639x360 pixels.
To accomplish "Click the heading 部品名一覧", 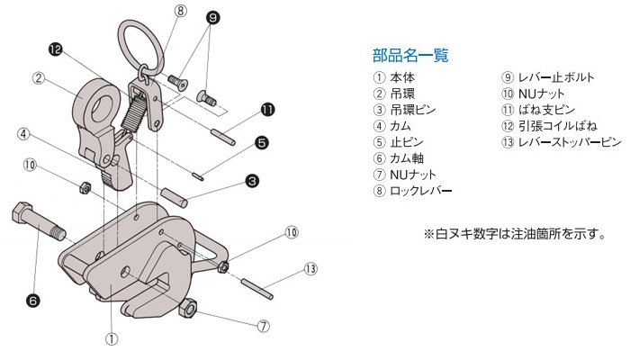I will pos(409,55).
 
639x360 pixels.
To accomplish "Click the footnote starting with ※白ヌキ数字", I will pos(513,235).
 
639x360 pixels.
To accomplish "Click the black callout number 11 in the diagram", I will pos(266,110).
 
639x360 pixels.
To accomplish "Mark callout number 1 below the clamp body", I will pos(112,339).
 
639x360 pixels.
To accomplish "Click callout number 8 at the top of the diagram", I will pos(181,12).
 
